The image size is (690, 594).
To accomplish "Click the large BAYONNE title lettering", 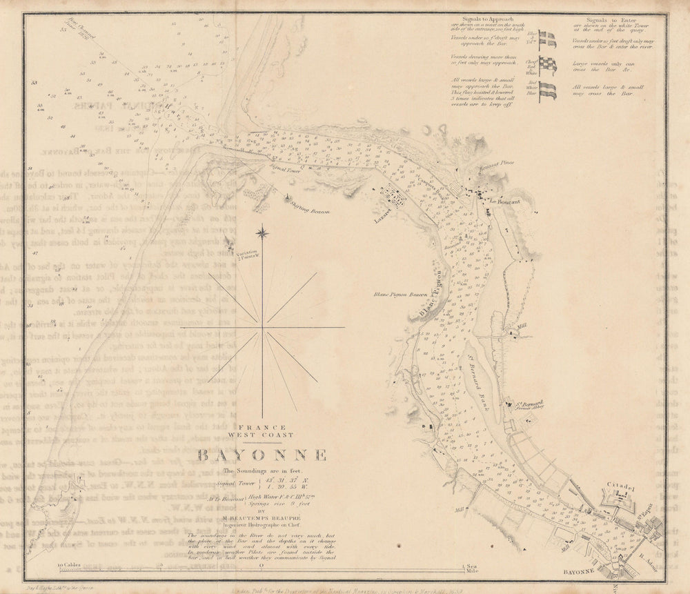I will tap(262, 455).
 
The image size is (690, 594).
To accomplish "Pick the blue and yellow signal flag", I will tap(547, 39).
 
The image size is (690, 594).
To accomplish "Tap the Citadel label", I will tap(620, 486).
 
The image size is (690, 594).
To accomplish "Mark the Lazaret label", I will tap(382, 207).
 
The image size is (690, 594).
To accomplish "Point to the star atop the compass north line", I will tap(262, 234).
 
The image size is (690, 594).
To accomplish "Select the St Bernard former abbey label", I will tap(530, 404).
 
